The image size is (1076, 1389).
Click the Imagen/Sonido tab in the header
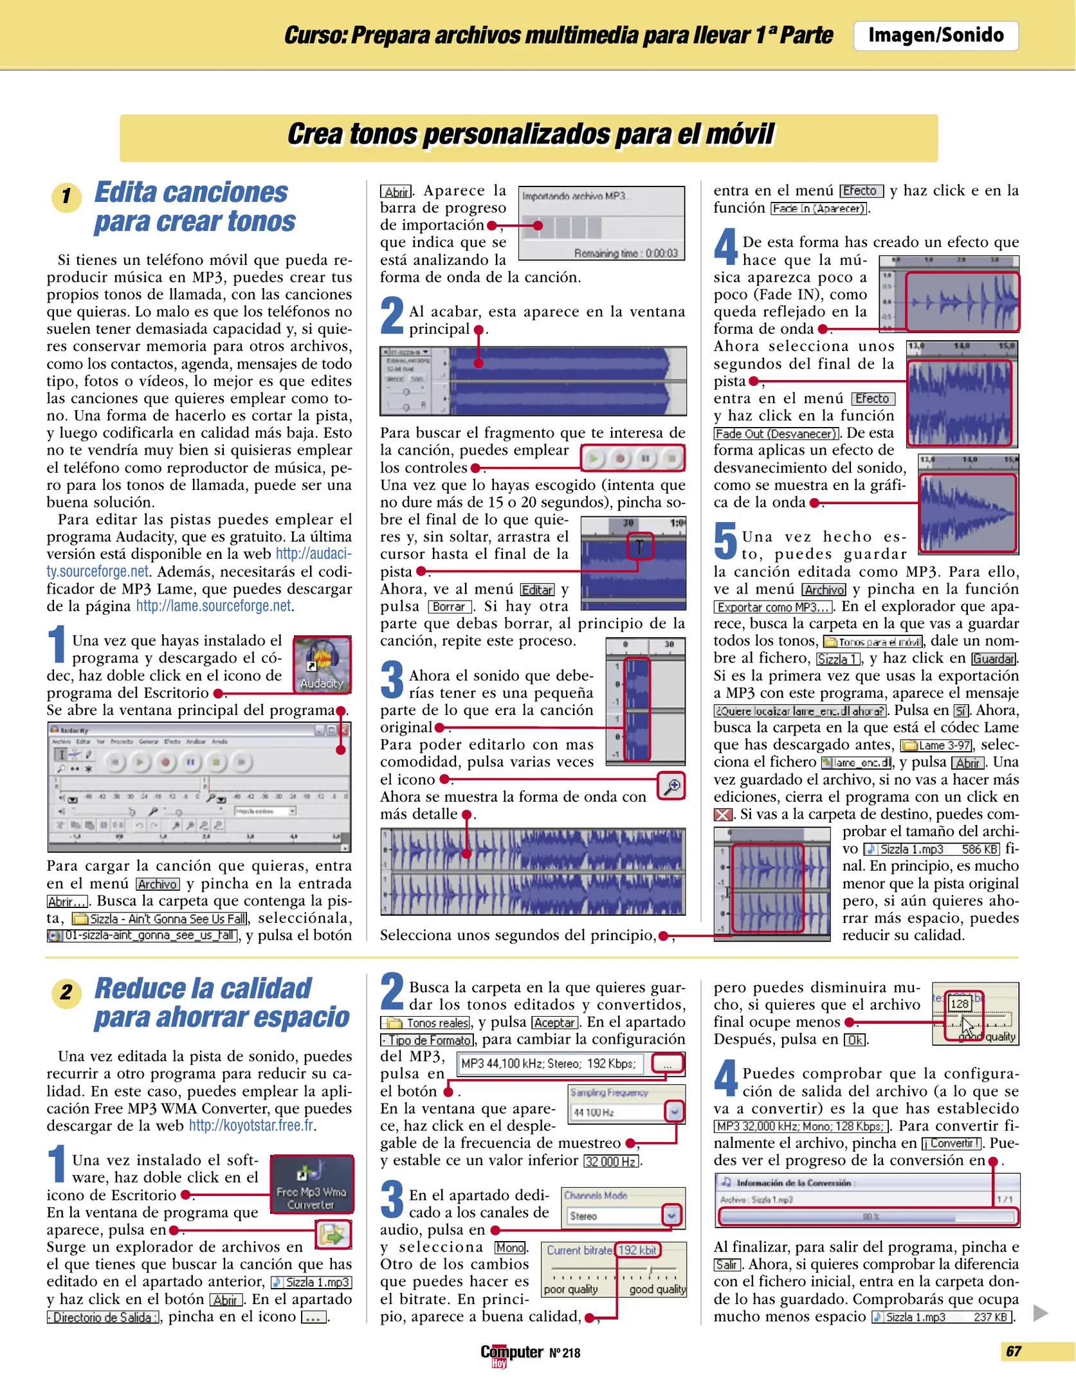935,35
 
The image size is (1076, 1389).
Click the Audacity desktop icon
322,664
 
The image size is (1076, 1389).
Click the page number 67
1013,1351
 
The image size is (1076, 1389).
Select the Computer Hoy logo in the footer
511,1354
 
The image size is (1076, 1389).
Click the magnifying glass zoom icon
671,786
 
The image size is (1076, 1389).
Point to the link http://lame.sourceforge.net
214,606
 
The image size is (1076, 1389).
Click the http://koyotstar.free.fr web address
251,1125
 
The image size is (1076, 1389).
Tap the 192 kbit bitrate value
637,1250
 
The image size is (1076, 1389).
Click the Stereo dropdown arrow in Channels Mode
671,1215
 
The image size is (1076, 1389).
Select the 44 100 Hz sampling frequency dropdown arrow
674,1111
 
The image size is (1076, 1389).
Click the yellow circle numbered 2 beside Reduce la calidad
66,992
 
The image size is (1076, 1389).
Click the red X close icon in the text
723,815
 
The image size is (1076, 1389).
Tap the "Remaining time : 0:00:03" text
625,253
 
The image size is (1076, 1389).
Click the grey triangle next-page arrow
1040,1312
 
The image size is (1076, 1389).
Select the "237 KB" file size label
990,1317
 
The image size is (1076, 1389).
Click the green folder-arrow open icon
333,1234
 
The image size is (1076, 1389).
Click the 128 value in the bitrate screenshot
959,1004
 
